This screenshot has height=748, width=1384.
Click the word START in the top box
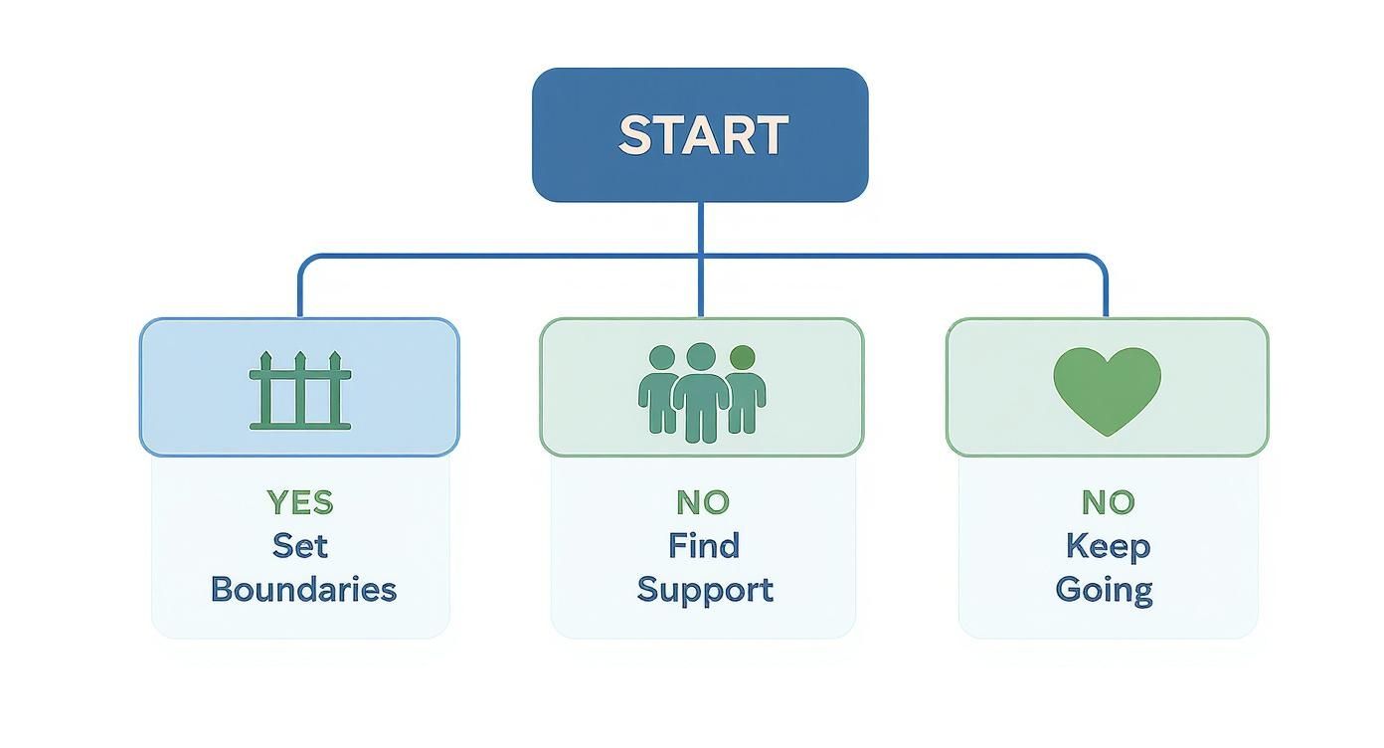(x=702, y=135)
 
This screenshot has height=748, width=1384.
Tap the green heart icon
(x=1107, y=389)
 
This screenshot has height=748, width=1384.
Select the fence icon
(x=299, y=390)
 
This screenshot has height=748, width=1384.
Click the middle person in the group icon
(x=701, y=391)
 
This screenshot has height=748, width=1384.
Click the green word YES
(x=299, y=503)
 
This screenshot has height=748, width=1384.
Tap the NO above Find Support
(x=702, y=503)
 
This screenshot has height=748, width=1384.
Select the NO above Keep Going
(x=1107, y=503)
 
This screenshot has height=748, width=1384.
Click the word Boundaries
(x=303, y=589)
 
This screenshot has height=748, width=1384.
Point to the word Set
(x=299, y=546)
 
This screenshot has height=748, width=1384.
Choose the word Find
(x=703, y=546)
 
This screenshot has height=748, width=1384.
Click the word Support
(x=704, y=591)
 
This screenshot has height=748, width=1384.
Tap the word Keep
(x=1107, y=546)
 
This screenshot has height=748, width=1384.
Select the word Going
(x=1104, y=591)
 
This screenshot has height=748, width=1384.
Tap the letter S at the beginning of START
(x=633, y=135)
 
